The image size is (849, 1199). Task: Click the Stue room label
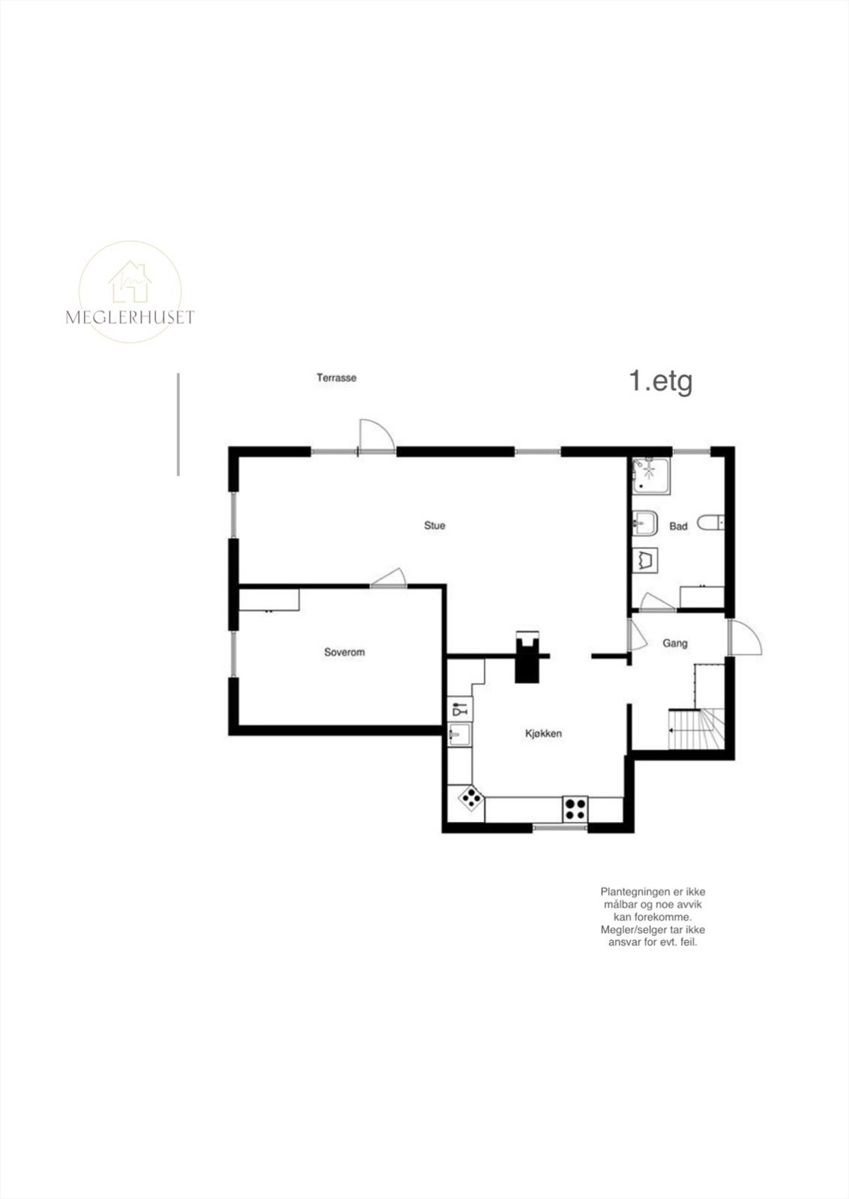435,525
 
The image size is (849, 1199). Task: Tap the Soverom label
344,653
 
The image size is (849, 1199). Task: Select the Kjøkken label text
543,734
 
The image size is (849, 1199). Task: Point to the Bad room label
678,527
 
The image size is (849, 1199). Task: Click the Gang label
675,643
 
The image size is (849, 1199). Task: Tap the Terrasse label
336,378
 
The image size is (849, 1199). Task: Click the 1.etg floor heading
661,381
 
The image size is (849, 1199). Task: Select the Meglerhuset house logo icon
130,282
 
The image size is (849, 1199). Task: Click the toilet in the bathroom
710,522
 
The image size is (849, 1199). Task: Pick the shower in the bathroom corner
650,475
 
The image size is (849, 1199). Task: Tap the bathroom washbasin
645,522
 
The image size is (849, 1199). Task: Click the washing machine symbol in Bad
645,561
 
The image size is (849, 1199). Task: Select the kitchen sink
460,734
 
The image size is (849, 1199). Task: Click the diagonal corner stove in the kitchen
471,799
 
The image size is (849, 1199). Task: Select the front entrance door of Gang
745,637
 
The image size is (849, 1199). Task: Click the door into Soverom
389,578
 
